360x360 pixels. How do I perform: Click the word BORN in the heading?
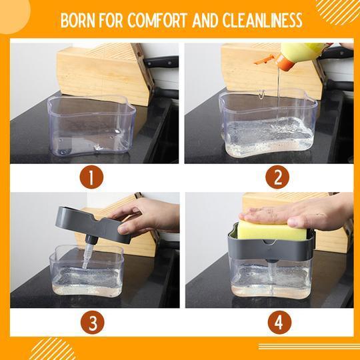(77, 20)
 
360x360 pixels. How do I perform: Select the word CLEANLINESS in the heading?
(262, 20)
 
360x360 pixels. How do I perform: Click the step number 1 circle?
(91, 177)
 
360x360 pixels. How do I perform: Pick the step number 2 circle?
(277, 177)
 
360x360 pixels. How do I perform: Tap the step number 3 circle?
(93, 322)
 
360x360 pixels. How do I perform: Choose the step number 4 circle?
(279, 322)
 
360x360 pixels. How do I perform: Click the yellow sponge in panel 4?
(272, 230)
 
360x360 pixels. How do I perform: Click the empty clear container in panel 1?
(91, 126)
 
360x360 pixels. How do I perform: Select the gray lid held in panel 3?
(93, 225)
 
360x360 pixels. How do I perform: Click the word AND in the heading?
(205, 20)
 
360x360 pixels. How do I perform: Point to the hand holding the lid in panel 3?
(147, 217)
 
